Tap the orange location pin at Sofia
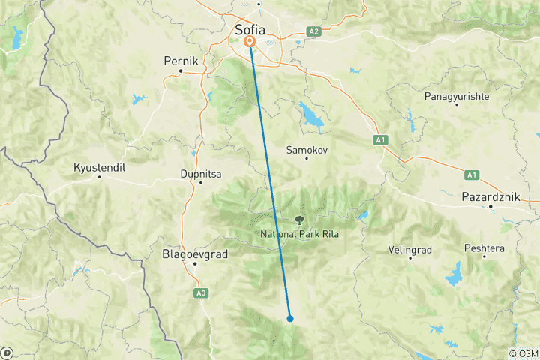click(x=250, y=43)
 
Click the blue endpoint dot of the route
click(x=289, y=318)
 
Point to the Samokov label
click(x=307, y=150)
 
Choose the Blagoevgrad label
click(x=193, y=254)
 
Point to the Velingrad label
click(x=411, y=248)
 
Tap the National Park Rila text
click(x=298, y=234)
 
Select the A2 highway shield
click(x=314, y=31)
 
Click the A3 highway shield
click(x=200, y=292)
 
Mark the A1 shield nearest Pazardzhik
click(x=471, y=175)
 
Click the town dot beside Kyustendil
click(x=99, y=177)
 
